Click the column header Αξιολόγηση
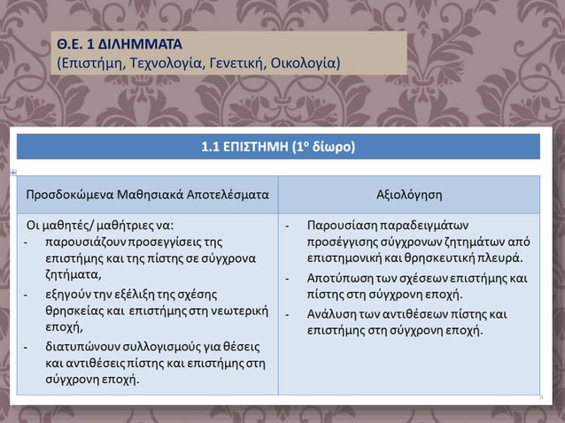click(409, 194)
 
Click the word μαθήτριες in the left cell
click(128, 224)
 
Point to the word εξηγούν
click(67, 292)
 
